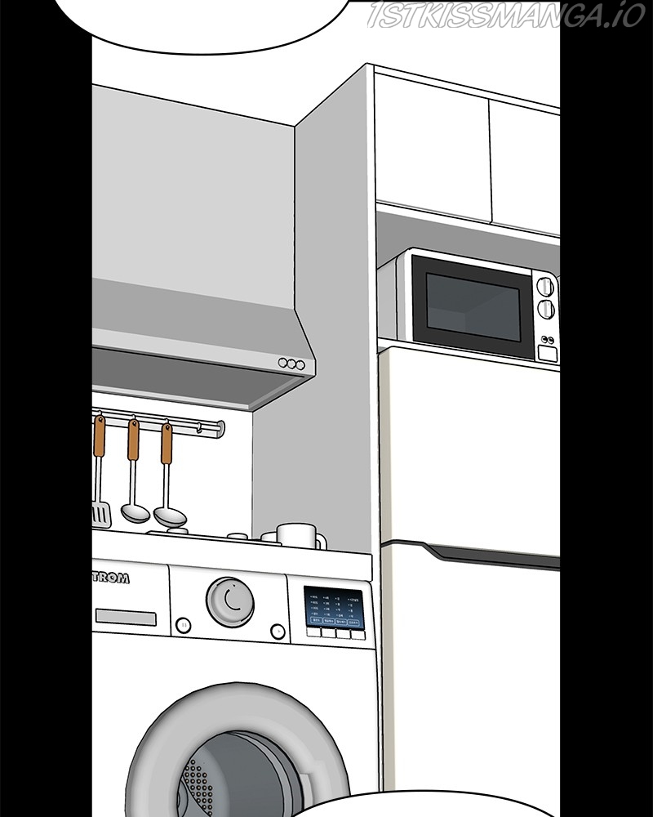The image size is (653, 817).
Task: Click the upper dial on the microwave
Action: click(x=544, y=286)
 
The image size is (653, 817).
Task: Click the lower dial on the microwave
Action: click(x=546, y=309)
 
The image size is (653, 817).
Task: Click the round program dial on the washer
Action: click(x=229, y=600)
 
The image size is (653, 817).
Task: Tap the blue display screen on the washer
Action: click(x=333, y=608)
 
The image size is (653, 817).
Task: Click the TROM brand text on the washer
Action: click(x=110, y=578)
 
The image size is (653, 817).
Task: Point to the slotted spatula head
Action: click(x=100, y=514)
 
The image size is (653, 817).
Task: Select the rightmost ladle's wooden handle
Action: click(x=167, y=444)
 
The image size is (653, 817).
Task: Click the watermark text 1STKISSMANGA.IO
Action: click(x=506, y=16)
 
